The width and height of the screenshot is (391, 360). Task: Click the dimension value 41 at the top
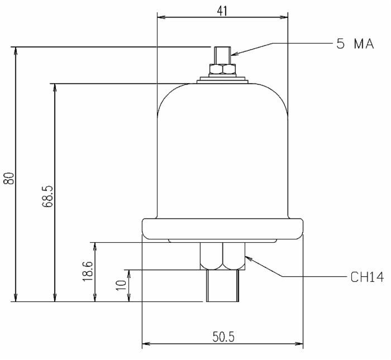coord(222,9)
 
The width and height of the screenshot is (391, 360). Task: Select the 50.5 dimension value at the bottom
coord(222,337)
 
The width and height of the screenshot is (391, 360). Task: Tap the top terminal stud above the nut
coord(222,55)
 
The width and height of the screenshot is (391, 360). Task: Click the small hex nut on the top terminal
coord(222,69)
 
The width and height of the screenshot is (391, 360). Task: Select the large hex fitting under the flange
coord(222,256)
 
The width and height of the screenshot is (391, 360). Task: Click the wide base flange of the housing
coord(222,228)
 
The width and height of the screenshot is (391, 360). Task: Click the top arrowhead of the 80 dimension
coord(16,50)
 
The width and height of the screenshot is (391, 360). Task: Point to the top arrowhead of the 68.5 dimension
coord(55,88)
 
